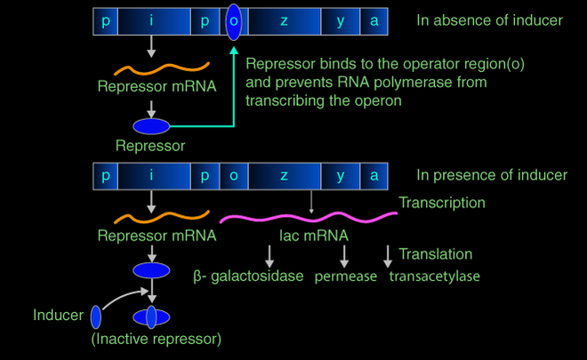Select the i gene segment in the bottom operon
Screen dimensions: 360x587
point(152,175)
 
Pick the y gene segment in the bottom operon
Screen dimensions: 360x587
point(341,175)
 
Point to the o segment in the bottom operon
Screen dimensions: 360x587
point(233,175)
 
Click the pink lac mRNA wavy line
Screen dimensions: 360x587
point(307,216)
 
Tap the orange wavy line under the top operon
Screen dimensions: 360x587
point(160,67)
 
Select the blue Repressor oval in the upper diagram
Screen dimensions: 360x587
point(151,127)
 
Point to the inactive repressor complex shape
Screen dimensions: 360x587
point(150,316)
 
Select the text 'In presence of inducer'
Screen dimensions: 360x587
point(491,175)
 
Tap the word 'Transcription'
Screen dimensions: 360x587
point(442,204)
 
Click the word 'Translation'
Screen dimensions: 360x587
point(436,254)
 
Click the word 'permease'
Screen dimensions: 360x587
point(347,276)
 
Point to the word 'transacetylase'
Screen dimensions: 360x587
point(435,276)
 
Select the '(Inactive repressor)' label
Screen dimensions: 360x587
point(156,339)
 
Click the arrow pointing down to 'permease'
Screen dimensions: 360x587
point(345,255)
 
